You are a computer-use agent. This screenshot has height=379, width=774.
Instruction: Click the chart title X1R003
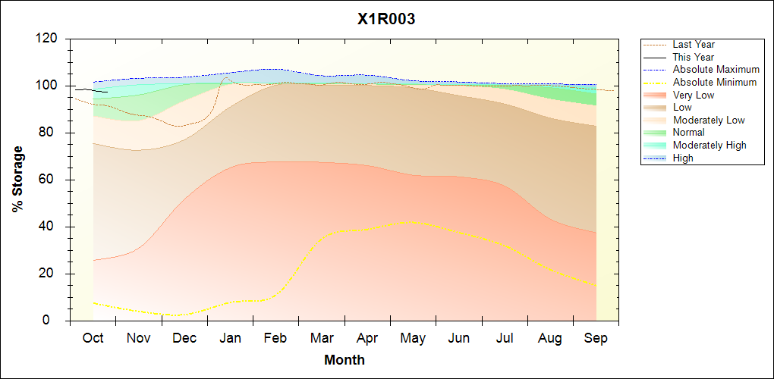coord(386,20)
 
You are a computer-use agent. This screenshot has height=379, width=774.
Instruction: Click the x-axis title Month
coord(345,360)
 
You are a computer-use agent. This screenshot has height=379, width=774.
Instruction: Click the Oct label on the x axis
coord(93,338)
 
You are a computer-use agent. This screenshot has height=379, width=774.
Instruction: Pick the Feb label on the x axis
coord(275,338)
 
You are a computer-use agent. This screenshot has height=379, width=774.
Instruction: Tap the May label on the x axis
coord(413,338)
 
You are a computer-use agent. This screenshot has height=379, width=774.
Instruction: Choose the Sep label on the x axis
coord(596,338)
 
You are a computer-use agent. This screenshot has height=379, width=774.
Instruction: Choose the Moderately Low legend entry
coord(709,120)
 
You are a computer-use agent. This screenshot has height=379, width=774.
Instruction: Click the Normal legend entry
coord(688,133)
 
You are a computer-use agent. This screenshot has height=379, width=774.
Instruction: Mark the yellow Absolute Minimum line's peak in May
coord(411,221)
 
